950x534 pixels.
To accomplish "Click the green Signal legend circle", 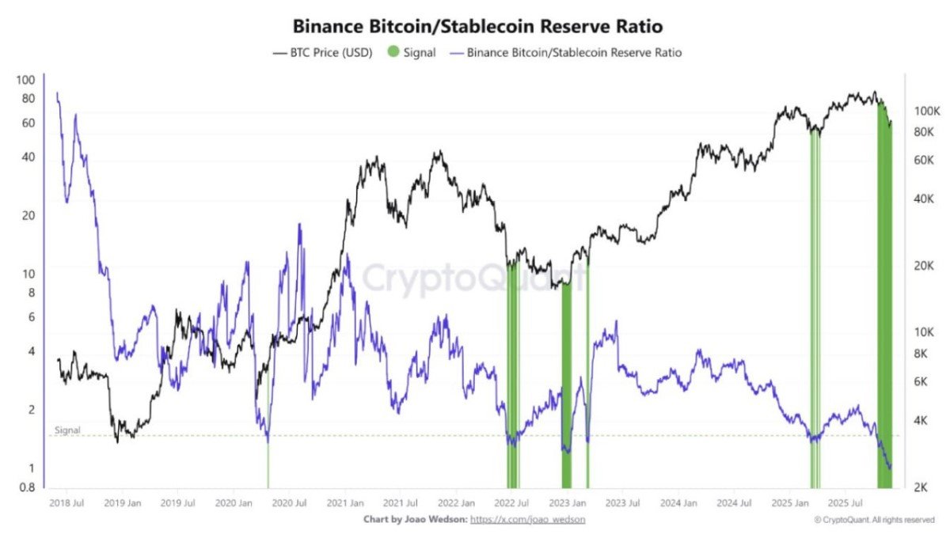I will tap(394, 52).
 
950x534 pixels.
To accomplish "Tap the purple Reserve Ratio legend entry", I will tap(565, 52).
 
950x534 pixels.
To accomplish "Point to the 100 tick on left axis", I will tap(26, 80).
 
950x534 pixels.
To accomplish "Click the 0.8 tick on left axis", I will tap(26, 487).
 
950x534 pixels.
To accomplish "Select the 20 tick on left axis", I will tap(28, 215).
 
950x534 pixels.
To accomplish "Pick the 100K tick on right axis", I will tap(925, 112).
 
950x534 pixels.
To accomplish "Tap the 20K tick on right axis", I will tap(924, 266).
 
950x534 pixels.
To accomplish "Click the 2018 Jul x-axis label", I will tap(67, 503).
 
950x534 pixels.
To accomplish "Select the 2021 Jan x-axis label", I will tap(345, 503).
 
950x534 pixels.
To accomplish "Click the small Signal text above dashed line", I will tap(67, 430).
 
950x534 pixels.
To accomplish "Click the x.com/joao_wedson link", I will tap(522, 520).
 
